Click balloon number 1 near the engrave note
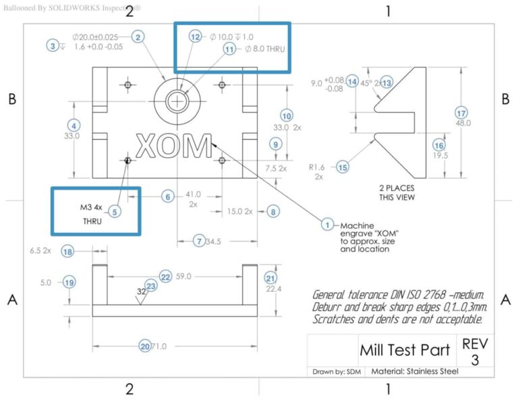(x=328, y=225)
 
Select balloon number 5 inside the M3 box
(x=115, y=212)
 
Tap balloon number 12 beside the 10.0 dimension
(x=196, y=37)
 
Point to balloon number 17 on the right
(x=461, y=113)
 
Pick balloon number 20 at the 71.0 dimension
(x=144, y=346)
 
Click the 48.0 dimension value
(x=463, y=124)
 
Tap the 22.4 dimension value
(x=270, y=290)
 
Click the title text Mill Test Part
(x=400, y=351)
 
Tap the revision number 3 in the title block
(x=474, y=360)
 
